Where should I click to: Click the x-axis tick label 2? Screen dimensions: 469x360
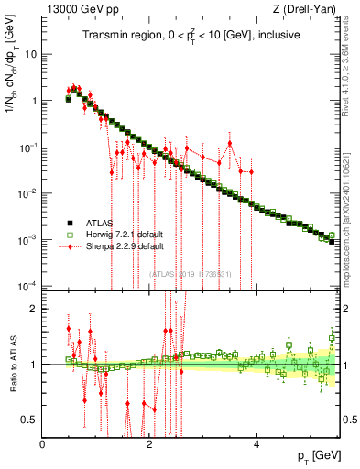(x=149, y=444)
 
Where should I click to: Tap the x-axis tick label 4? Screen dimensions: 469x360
(x=256, y=444)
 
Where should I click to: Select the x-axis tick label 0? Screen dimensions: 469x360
(x=42, y=444)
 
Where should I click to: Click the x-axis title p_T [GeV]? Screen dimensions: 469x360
(x=314, y=455)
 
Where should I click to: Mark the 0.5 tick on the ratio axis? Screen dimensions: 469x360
(x=27, y=420)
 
